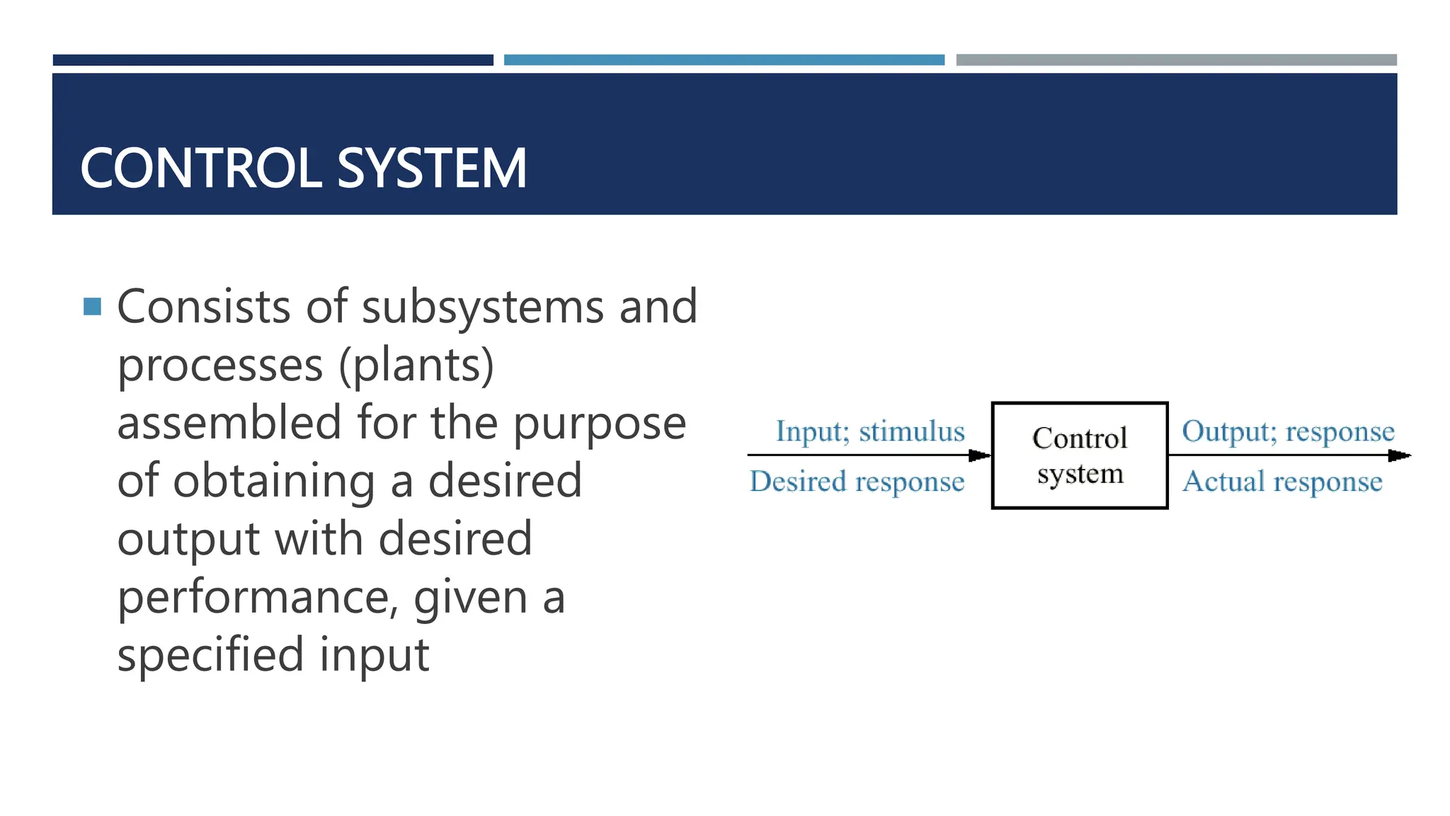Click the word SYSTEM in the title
point(432,169)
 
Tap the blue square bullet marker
point(92,307)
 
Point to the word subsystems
point(483,307)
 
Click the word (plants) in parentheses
point(416,365)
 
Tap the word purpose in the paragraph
point(599,424)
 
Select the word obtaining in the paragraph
point(274,481)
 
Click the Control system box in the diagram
point(1080,455)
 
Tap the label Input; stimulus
point(870,431)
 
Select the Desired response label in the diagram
point(857,482)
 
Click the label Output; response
point(1288,431)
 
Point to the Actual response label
point(1282,482)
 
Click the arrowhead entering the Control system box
point(980,455)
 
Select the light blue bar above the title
point(724,60)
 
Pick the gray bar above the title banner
point(1176,60)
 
